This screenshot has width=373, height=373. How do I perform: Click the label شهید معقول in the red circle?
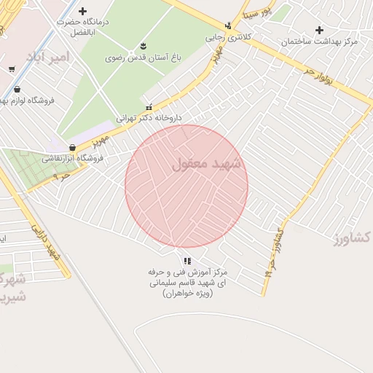click(206, 165)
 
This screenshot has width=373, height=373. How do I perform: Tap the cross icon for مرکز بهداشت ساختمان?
click(318, 30)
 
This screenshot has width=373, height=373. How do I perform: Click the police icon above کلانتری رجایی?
click(228, 24)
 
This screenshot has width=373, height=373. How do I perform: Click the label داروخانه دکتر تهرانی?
click(149, 117)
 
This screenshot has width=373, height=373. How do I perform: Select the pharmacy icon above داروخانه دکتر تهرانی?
click(149, 106)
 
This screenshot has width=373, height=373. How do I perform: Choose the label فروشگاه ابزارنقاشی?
click(73, 157)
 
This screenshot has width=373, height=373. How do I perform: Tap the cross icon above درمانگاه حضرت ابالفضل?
click(82, 12)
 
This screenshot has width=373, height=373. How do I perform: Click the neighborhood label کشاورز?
click(354, 237)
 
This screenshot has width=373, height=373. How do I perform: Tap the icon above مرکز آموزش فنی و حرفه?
click(186, 260)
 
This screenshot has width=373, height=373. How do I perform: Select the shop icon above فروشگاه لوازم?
click(17, 90)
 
